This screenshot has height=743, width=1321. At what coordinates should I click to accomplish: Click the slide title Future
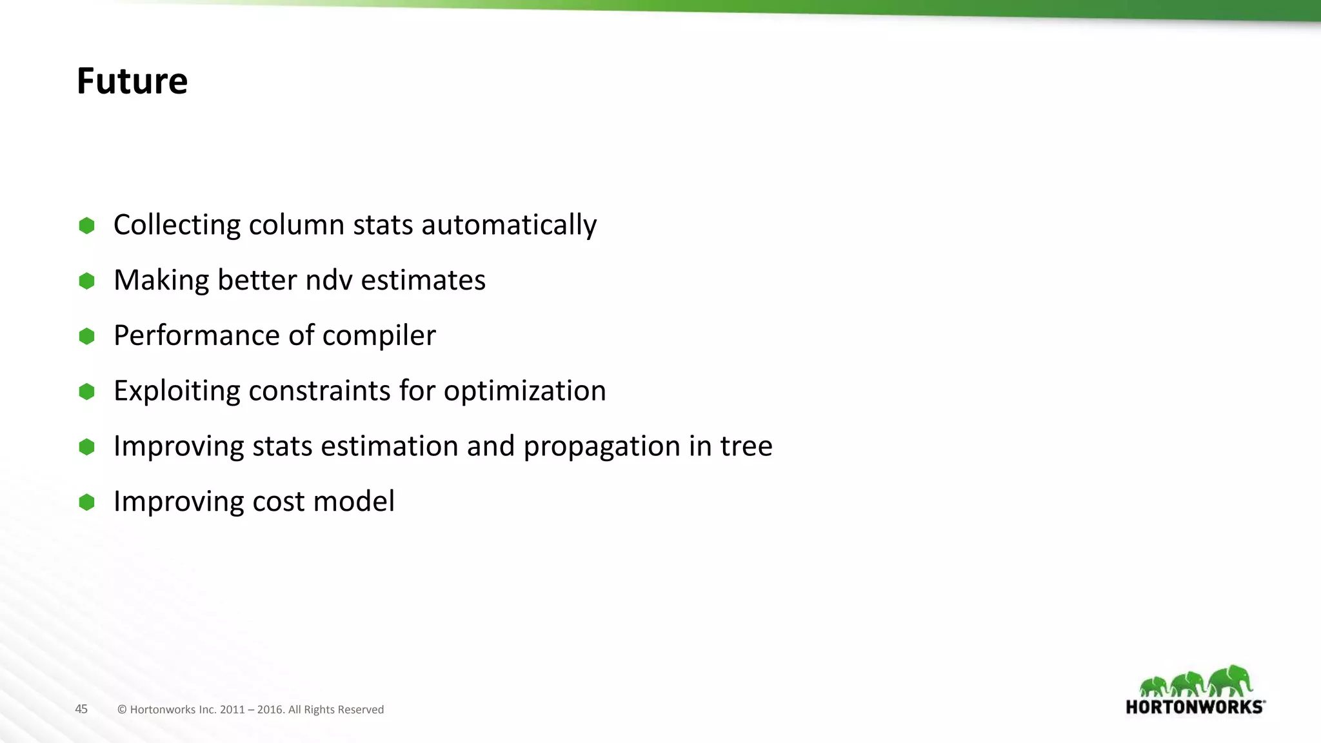coord(132,81)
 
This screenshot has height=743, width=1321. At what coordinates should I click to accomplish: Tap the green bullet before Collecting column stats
coord(86,226)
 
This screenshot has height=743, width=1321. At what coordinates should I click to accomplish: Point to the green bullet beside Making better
coord(86,281)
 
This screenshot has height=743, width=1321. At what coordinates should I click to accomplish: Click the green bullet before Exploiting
coord(86,391)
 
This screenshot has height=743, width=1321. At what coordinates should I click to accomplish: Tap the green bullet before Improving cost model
coord(86,502)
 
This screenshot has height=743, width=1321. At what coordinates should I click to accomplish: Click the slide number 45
coord(81,709)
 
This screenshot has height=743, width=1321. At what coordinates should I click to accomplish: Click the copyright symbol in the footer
coord(122,709)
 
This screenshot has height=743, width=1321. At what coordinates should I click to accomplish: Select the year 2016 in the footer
coord(270,709)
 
